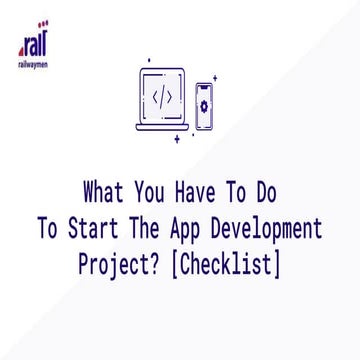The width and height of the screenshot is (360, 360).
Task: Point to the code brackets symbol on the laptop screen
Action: click(x=161, y=95)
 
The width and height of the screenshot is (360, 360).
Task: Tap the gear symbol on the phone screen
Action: click(x=205, y=107)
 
